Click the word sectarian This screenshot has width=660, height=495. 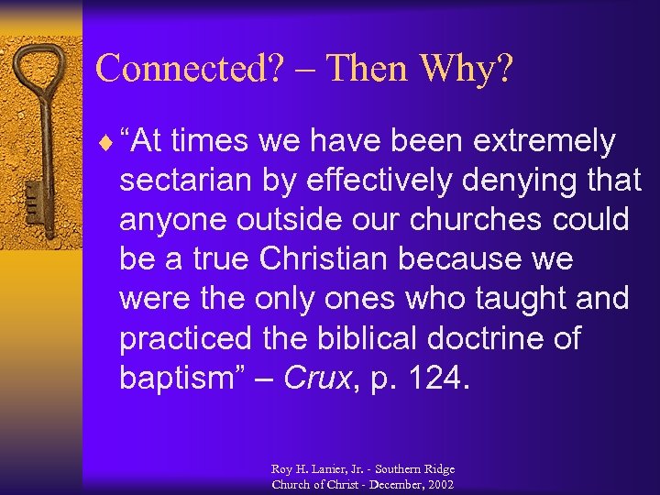point(183,181)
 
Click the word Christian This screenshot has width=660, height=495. point(317,260)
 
